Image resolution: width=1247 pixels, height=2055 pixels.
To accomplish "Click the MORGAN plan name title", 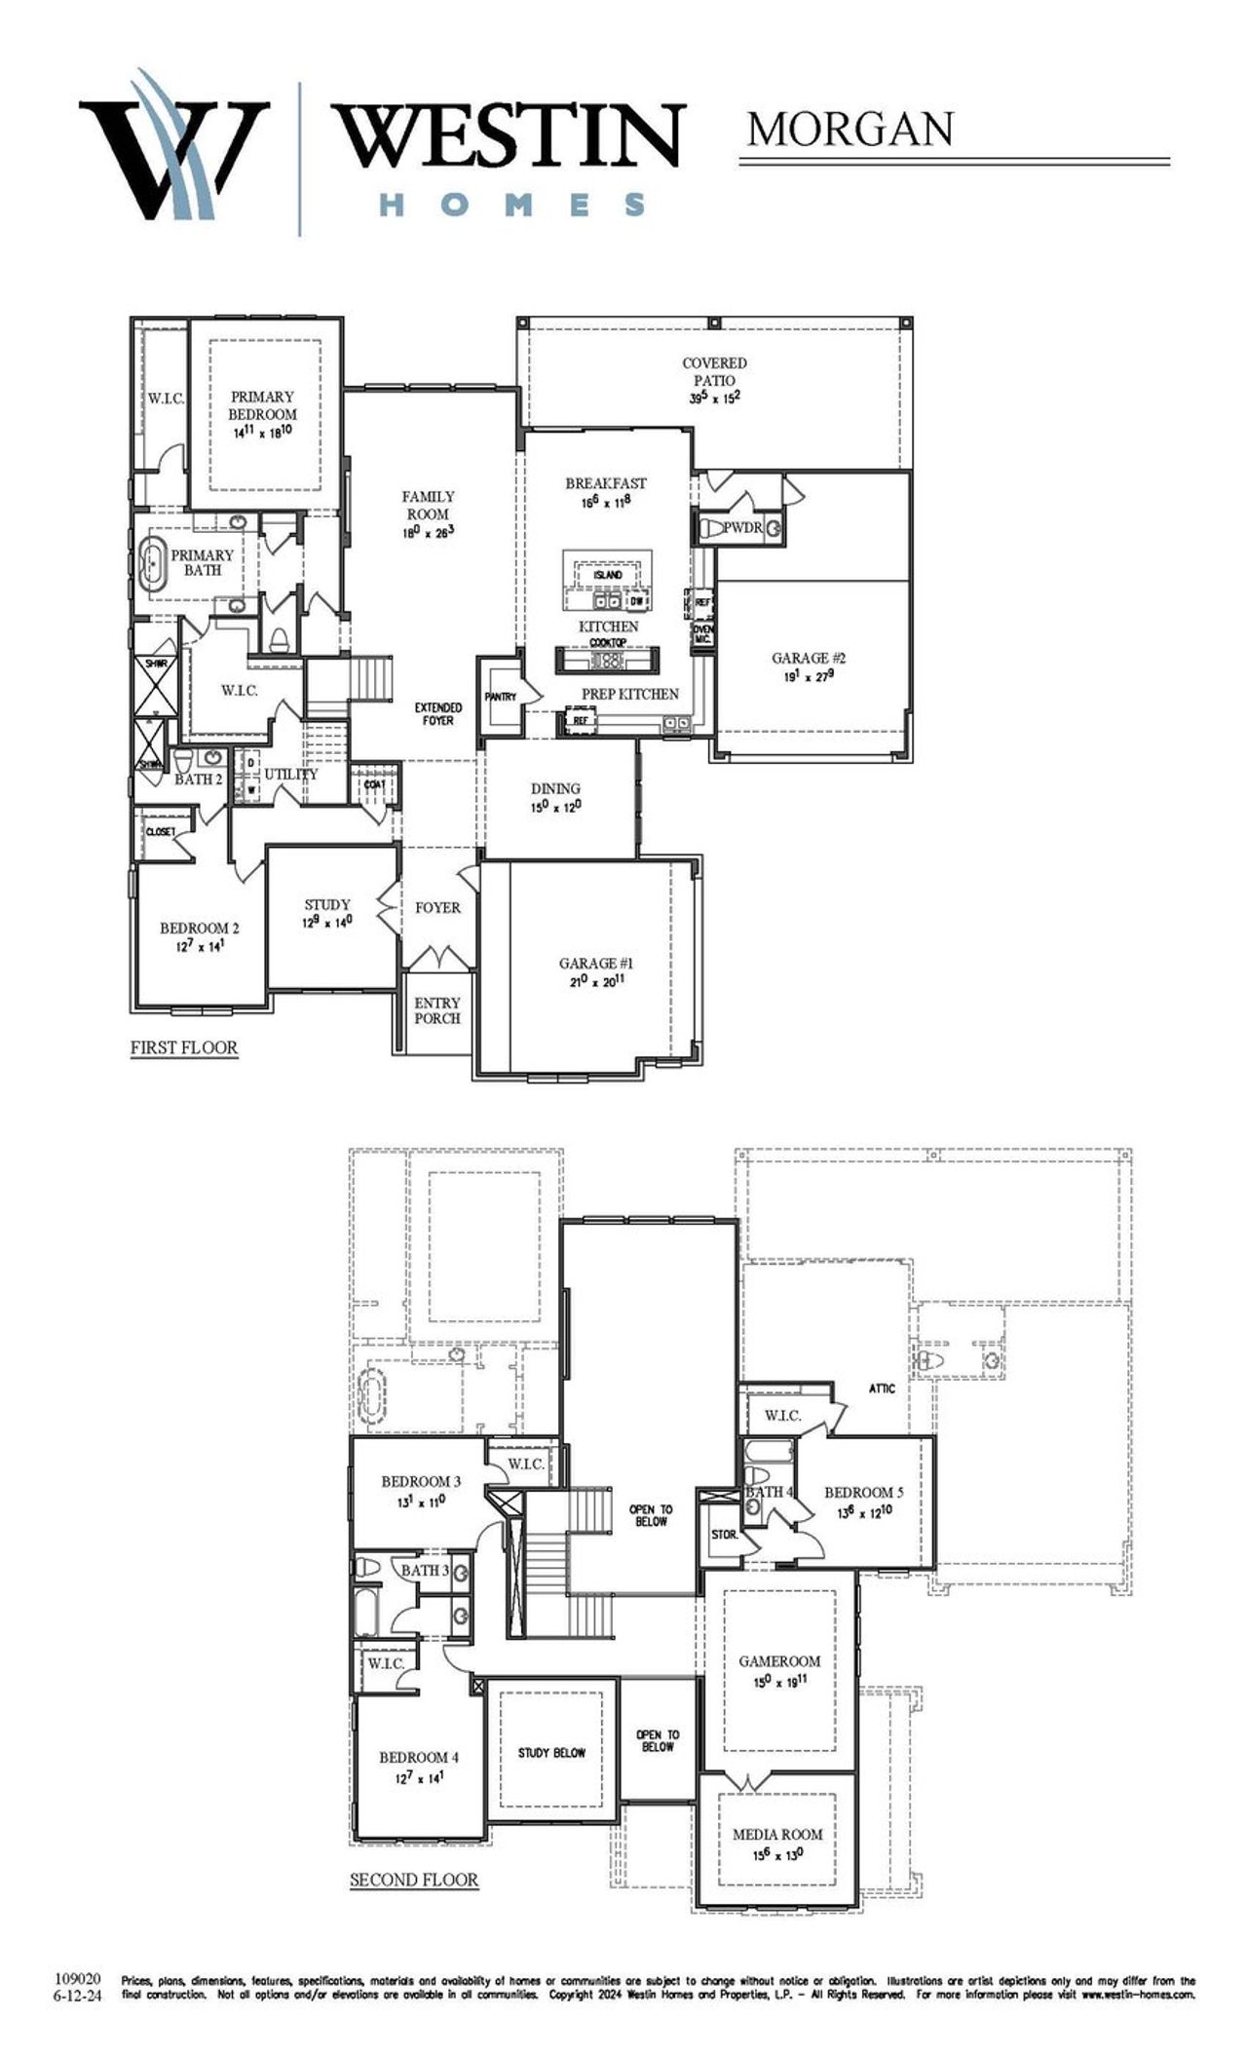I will point(850,129).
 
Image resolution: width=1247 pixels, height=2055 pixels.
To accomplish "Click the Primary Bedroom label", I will point(263,405).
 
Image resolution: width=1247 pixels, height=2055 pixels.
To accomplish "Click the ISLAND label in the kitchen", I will point(608,575).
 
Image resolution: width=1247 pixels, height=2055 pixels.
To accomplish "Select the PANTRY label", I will point(501,697).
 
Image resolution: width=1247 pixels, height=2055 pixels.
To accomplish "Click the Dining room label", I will point(556,788).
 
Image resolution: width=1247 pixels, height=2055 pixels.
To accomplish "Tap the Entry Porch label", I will point(437,1010).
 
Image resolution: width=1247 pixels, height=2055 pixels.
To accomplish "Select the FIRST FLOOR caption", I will point(184,1047).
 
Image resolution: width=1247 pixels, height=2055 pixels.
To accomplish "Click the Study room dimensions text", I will point(326,921).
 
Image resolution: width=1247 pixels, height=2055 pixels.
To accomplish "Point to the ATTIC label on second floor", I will point(882,1388).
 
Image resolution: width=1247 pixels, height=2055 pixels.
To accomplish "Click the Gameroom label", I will point(779,1660).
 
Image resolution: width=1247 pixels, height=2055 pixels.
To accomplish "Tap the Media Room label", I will point(777,1834).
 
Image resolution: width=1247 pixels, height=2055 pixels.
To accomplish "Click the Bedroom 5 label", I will point(864,1492).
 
